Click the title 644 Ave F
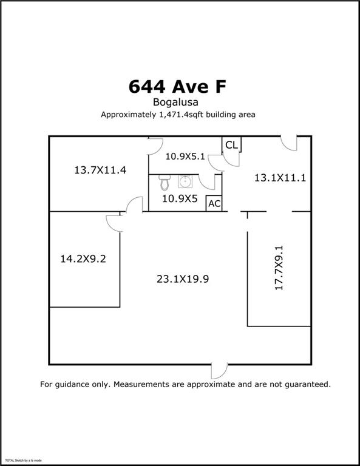177,87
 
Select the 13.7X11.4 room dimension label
100,170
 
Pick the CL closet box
231,144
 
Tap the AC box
214,203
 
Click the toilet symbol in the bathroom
164,183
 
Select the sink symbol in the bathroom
184,181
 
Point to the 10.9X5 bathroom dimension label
180,198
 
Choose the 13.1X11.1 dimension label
279,178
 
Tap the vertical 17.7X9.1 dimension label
279,268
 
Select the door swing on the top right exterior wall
290,143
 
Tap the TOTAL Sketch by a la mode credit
23,461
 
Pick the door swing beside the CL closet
216,161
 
